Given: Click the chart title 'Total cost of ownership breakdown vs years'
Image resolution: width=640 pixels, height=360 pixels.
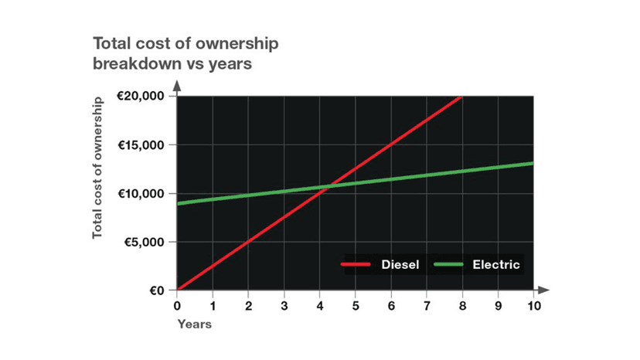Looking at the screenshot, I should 186,53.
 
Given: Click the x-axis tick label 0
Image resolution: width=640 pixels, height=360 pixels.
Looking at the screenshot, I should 178,305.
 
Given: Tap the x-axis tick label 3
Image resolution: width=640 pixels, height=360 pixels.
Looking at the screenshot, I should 284,305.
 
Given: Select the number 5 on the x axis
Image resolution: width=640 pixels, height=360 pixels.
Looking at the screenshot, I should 356,305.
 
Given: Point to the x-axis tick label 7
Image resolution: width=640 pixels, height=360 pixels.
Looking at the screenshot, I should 427,305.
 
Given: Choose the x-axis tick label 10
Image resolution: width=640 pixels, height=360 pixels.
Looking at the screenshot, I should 533,305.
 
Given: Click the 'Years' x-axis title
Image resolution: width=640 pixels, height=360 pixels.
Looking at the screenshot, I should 194,324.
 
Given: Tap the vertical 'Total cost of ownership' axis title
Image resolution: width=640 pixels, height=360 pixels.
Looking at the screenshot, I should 98,167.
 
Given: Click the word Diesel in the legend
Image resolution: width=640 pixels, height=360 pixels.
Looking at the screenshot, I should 400,265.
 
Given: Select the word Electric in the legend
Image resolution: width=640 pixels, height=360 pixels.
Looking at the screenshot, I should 496,265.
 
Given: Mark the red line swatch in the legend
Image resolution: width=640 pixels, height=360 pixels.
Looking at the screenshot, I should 358,265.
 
